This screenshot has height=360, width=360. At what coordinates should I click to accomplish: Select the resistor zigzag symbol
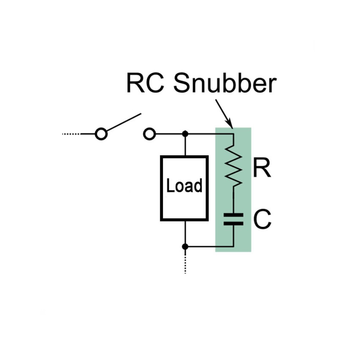pyautogui.click(x=234, y=166)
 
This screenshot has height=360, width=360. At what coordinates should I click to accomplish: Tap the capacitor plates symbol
pyautogui.click(x=233, y=219)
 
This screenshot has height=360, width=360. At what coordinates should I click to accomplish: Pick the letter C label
pyautogui.click(x=262, y=220)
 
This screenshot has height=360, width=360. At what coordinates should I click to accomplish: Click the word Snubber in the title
pyautogui.click(x=225, y=83)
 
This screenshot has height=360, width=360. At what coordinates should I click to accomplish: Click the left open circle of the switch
pyautogui.click(x=101, y=134)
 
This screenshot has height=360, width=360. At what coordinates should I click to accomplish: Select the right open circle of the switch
pyautogui.click(x=149, y=134)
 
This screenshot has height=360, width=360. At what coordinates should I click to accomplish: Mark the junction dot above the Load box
pyautogui.click(x=185, y=134)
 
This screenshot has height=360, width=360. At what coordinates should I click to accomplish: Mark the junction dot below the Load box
pyautogui.click(x=185, y=247)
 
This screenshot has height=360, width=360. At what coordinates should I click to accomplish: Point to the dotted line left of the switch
pyautogui.click(x=71, y=134)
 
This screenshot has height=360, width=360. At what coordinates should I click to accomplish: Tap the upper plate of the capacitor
pyautogui.click(x=233, y=215)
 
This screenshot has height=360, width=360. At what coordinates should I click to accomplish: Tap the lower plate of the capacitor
pyautogui.click(x=233, y=223)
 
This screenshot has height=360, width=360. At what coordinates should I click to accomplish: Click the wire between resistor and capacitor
pyautogui.click(x=233, y=200)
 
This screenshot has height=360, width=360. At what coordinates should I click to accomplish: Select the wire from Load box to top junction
pyautogui.click(x=185, y=145)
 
